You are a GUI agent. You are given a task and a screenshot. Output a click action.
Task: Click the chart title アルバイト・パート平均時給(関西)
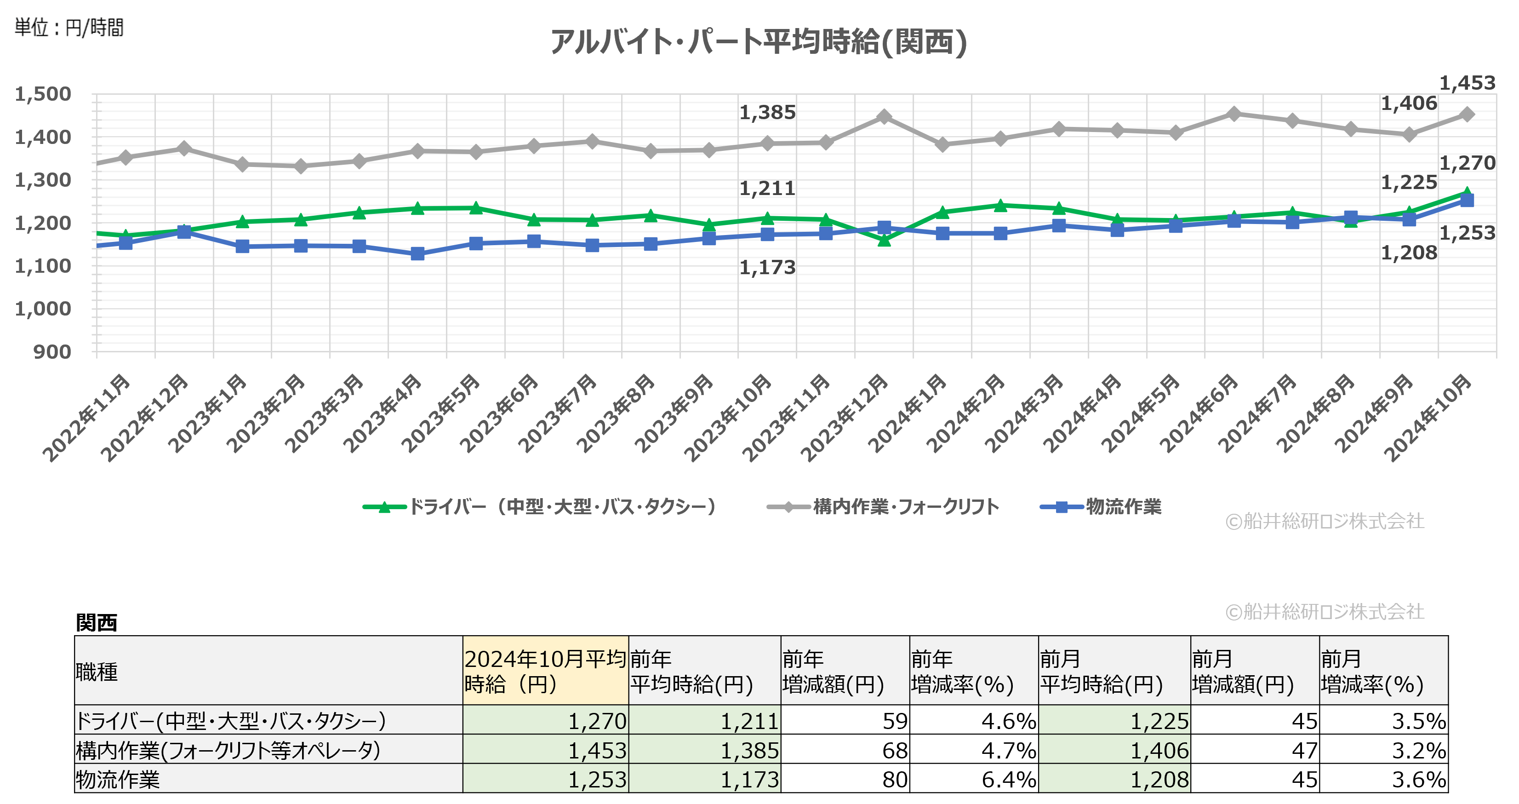pos(758,42)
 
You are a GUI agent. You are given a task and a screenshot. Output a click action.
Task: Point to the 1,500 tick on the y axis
pos(42,94)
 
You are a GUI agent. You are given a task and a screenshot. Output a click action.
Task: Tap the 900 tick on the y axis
pos(52,352)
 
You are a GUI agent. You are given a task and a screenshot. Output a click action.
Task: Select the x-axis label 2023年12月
pos(845,417)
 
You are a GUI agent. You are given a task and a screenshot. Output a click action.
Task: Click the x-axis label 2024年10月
pos(1428,417)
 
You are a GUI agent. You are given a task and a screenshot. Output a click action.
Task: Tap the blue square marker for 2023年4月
pos(417,253)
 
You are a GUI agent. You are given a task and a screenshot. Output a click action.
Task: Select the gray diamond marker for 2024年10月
pos(1467,115)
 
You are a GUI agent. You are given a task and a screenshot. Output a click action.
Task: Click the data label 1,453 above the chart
pos(1467,83)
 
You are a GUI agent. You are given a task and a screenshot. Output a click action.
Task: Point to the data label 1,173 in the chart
pos(767,268)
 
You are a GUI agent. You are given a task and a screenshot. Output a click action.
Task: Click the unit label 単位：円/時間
pos(69,28)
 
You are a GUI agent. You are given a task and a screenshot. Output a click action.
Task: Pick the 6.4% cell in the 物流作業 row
pos(974,779)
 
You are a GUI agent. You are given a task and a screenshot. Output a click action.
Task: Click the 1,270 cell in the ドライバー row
pos(545,721)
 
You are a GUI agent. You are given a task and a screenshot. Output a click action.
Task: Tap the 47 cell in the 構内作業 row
pos(1255,750)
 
